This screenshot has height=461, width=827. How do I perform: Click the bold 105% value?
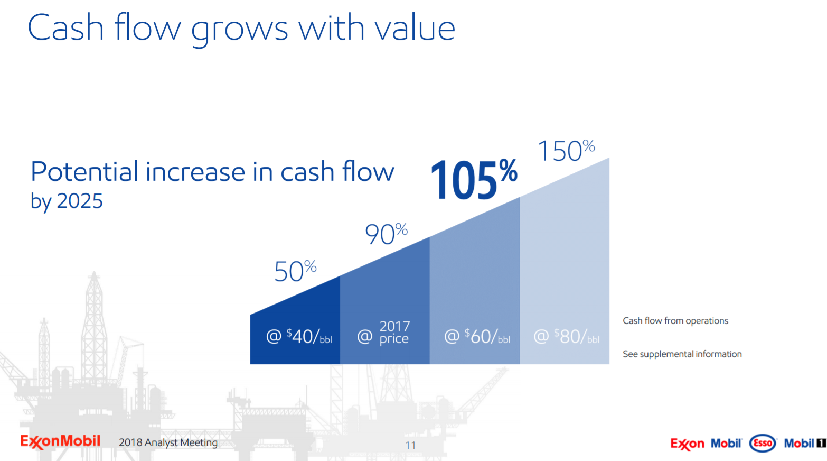tap(473, 180)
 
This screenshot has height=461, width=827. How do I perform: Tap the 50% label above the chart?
tap(295, 271)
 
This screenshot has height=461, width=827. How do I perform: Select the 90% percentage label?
tap(386, 234)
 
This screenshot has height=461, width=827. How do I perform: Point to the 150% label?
tap(566, 151)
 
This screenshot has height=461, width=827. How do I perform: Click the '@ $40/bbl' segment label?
tap(299, 336)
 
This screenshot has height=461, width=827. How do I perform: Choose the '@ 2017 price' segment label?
tap(383, 333)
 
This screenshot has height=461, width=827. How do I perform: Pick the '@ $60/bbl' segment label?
tap(477, 336)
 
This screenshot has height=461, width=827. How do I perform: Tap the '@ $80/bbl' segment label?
tap(566, 336)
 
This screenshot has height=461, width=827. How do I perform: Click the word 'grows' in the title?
tap(239, 30)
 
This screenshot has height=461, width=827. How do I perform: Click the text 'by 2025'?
tap(67, 201)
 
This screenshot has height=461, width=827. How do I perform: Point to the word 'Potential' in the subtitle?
tap(84, 172)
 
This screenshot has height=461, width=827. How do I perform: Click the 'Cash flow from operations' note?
tap(675, 321)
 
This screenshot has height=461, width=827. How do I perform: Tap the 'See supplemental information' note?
tap(682, 354)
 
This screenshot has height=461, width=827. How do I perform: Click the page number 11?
tap(410, 445)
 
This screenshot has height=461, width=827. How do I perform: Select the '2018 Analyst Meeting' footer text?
tap(168, 442)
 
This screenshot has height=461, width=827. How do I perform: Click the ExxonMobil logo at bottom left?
tap(60, 441)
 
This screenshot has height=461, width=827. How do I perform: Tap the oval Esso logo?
tap(763, 443)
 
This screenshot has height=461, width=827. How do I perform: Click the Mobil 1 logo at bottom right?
tap(804, 443)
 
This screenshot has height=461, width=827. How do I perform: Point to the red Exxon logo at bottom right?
tap(687, 444)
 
